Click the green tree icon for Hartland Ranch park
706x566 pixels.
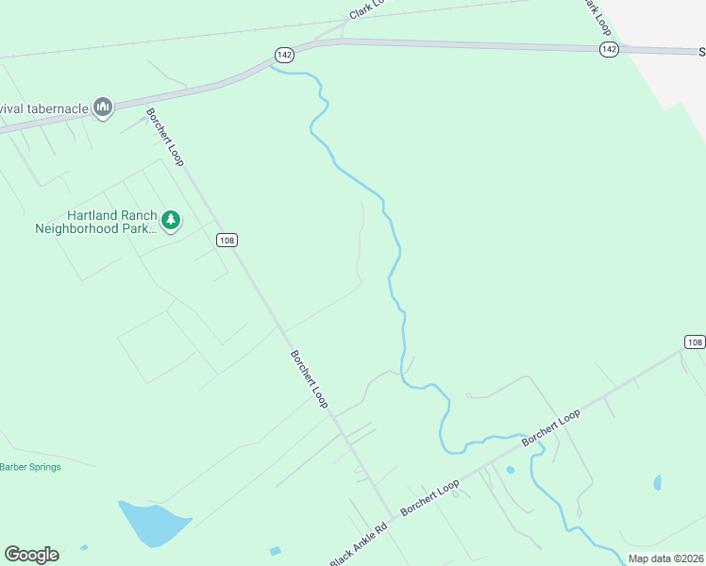tap(171, 221)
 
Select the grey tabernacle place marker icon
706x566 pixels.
tap(104, 108)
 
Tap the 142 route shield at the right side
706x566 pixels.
tap(609, 49)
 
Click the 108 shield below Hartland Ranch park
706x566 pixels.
tap(226, 240)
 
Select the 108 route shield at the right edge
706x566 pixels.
tap(695, 341)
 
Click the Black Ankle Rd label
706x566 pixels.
tap(359, 545)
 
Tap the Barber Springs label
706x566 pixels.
tap(30, 467)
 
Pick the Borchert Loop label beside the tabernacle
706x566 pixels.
tap(164, 137)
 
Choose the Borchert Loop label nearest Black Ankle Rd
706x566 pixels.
tap(429, 497)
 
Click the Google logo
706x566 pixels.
tap(31, 555)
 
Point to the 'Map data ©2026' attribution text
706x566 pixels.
tap(665, 558)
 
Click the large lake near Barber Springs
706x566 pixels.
tap(151, 523)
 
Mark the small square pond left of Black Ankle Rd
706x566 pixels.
tap(275, 550)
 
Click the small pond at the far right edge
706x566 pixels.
tap(657, 483)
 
